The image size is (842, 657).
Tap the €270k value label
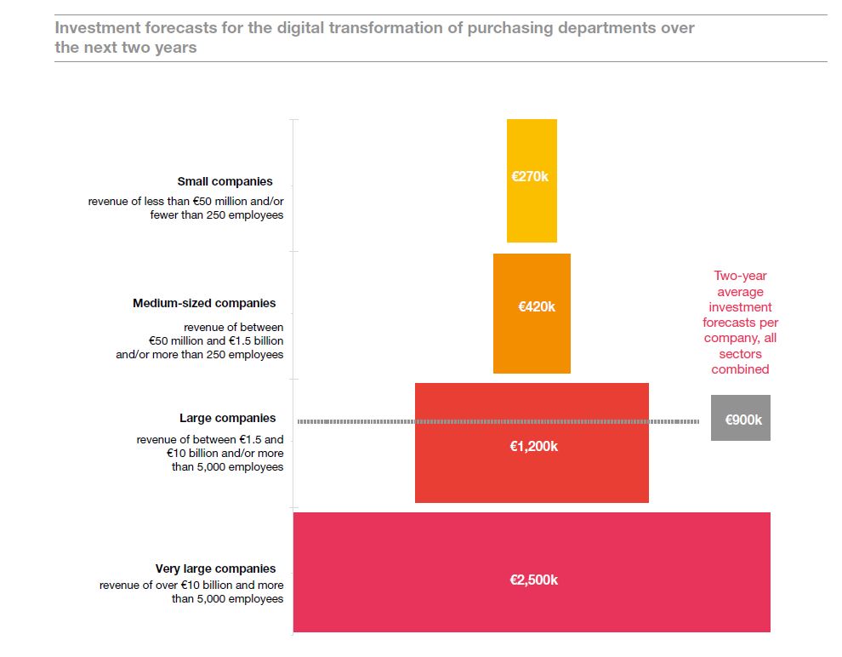tap(530, 177)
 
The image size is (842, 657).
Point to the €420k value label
tap(537, 306)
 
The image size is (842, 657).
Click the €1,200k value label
tap(533, 446)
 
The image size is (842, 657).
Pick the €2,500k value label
tap(533, 580)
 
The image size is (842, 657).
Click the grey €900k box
tap(741, 419)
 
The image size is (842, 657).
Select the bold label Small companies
tap(225, 181)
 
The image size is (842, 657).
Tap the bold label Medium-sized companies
tap(204, 303)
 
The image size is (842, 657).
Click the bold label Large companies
tap(227, 418)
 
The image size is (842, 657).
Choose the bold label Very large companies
tap(215, 568)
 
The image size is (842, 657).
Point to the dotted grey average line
tap(357, 421)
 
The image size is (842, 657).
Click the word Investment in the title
tap(99, 27)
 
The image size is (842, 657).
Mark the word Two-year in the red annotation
tap(740, 276)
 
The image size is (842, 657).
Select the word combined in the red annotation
tap(740, 369)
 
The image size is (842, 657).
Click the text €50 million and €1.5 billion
tap(215, 340)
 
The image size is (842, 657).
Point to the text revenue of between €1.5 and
tap(210, 440)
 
